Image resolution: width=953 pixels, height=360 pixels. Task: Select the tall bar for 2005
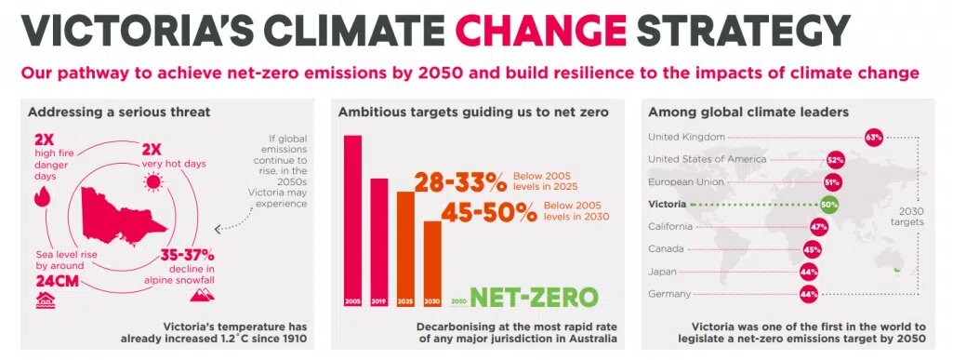[x=352, y=220]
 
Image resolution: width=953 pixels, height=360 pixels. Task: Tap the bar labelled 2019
[x=379, y=242]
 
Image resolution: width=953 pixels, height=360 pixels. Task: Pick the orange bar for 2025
[x=406, y=248]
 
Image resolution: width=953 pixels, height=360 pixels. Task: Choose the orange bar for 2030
[x=432, y=263]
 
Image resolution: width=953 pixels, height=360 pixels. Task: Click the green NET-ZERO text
[x=534, y=298]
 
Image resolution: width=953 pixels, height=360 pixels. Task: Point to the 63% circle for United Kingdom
[x=873, y=138]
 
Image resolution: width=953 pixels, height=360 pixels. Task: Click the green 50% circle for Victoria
[x=829, y=205]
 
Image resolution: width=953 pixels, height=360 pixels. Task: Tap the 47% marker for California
[x=819, y=227]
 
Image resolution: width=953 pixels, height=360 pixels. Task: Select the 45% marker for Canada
[x=812, y=249]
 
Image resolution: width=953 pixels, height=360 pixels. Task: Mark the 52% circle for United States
[x=835, y=161]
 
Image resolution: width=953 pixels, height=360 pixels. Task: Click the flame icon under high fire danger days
[x=43, y=196]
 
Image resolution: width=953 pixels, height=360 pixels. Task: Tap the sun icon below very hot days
[x=152, y=181]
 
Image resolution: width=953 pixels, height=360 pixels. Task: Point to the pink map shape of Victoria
[x=122, y=215]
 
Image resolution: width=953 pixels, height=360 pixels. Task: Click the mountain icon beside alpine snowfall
[x=202, y=294]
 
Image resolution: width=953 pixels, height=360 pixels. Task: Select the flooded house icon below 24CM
[x=45, y=300]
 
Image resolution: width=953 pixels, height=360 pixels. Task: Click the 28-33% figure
[x=460, y=181]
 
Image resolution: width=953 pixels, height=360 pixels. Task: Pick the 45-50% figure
[x=489, y=212]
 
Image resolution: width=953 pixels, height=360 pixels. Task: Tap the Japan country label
[x=662, y=272]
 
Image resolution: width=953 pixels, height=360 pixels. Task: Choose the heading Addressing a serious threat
[x=119, y=112]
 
